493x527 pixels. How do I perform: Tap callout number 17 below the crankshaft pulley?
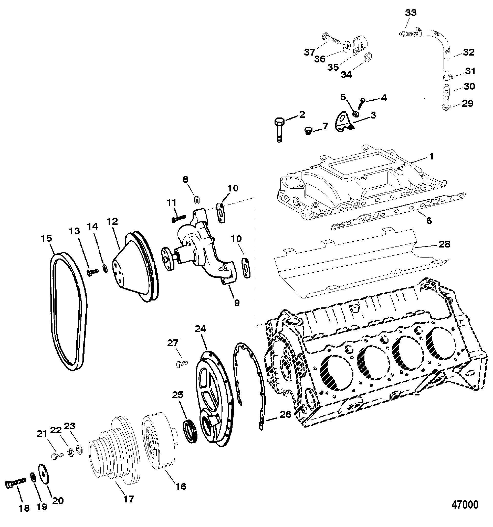[x=128, y=498]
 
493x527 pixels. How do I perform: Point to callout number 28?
[x=444, y=244]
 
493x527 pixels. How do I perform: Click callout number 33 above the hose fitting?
[x=411, y=13]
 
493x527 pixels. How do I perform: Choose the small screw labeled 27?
[x=182, y=364]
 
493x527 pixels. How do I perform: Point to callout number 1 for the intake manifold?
[x=431, y=156]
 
